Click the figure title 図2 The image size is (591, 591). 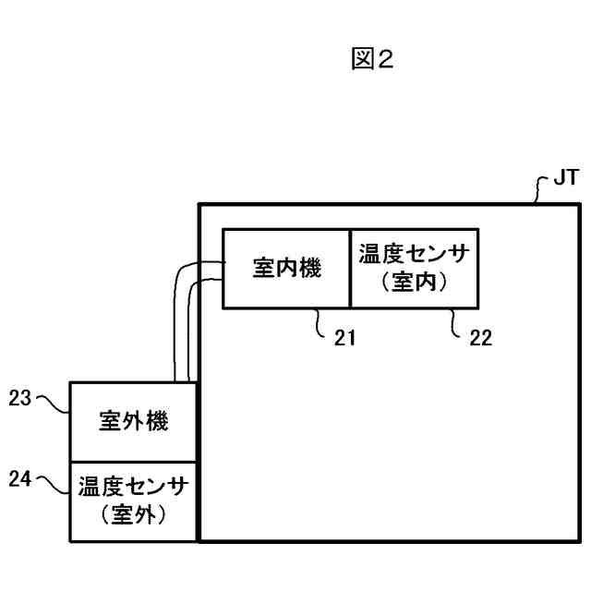pyautogui.click(x=372, y=60)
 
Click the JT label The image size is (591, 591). pyautogui.click(x=565, y=178)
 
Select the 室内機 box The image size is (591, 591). pyautogui.click(x=286, y=269)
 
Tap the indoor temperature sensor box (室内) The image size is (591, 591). pyautogui.click(x=414, y=269)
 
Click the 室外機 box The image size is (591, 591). pyautogui.click(x=133, y=421)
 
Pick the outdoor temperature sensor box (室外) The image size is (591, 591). pyautogui.click(x=133, y=501)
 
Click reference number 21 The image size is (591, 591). pyautogui.click(x=344, y=338)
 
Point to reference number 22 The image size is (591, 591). pyautogui.click(x=480, y=338)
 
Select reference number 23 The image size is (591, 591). pyautogui.click(x=20, y=399)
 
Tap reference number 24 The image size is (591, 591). pyautogui.click(x=20, y=477)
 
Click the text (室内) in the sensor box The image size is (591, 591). pyautogui.click(x=414, y=283)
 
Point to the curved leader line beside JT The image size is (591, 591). pyautogui.click(x=540, y=188)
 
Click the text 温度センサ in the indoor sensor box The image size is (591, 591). pyautogui.click(x=414, y=255)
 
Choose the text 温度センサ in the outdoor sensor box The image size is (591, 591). pyautogui.click(x=133, y=486)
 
